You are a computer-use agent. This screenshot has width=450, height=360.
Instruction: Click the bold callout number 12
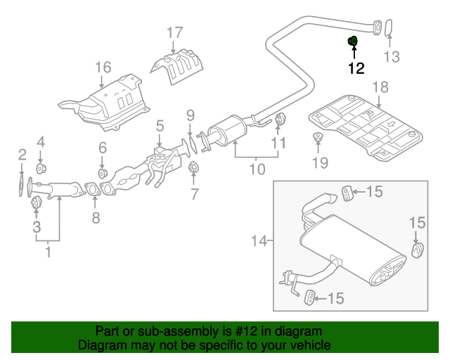coord(356,68)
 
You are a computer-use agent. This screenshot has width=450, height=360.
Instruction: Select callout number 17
coord(174,32)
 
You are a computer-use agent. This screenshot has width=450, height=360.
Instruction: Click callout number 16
coord(103,67)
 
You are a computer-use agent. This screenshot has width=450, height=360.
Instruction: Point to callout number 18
coord(380,87)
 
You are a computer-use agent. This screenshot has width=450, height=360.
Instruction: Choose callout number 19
coord(320,163)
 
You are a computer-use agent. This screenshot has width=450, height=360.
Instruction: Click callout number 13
coord(391,56)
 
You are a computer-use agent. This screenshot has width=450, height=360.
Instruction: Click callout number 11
coord(280,143)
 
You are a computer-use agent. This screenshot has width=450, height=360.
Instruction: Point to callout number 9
coord(190,115)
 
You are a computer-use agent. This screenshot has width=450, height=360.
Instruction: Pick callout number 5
coord(160,126)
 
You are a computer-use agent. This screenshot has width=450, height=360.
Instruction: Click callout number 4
coord(41,141)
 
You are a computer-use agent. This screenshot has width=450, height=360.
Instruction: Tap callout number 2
coord(22,155)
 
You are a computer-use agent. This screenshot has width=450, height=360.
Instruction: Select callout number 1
coord(48,250)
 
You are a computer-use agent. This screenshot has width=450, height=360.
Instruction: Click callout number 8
coord(96,218)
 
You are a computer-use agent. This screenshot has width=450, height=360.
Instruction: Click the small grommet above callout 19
coord(317,137)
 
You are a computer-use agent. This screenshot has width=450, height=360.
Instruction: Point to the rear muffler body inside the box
coord(352,250)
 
